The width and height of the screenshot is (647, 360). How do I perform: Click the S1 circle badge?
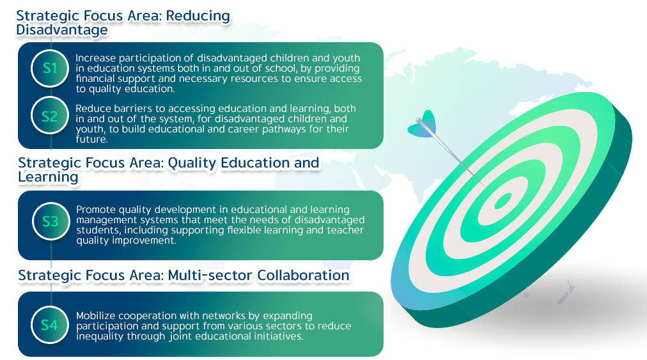click(x=50, y=68)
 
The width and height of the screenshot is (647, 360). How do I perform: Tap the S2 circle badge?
click(x=50, y=116)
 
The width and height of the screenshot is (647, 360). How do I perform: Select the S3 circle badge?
click(x=51, y=221)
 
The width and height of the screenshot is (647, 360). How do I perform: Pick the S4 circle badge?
click(x=50, y=325)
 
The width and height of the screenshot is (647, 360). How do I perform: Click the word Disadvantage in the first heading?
click(x=62, y=29)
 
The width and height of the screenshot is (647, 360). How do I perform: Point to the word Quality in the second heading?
click(x=192, y=163)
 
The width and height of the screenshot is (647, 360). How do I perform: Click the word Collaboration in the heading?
click(x=303, y=276)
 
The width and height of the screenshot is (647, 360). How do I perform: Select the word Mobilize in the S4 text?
click(x=96, y=316)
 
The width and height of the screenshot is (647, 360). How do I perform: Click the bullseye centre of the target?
click(x=503, y=201)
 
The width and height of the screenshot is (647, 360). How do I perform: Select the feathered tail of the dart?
click(x=423, y=125)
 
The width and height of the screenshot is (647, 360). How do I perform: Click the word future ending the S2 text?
click(x=91, y=139)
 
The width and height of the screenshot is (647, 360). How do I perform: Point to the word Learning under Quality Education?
click(x=49, y=177)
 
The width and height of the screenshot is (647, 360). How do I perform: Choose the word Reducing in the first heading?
click(x=198, y=16)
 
